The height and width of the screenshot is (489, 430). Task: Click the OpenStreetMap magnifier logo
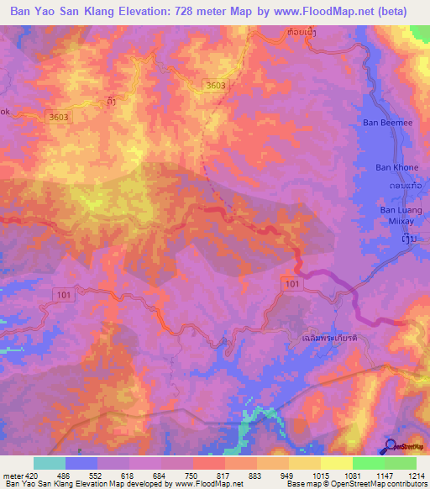(391, 446)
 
